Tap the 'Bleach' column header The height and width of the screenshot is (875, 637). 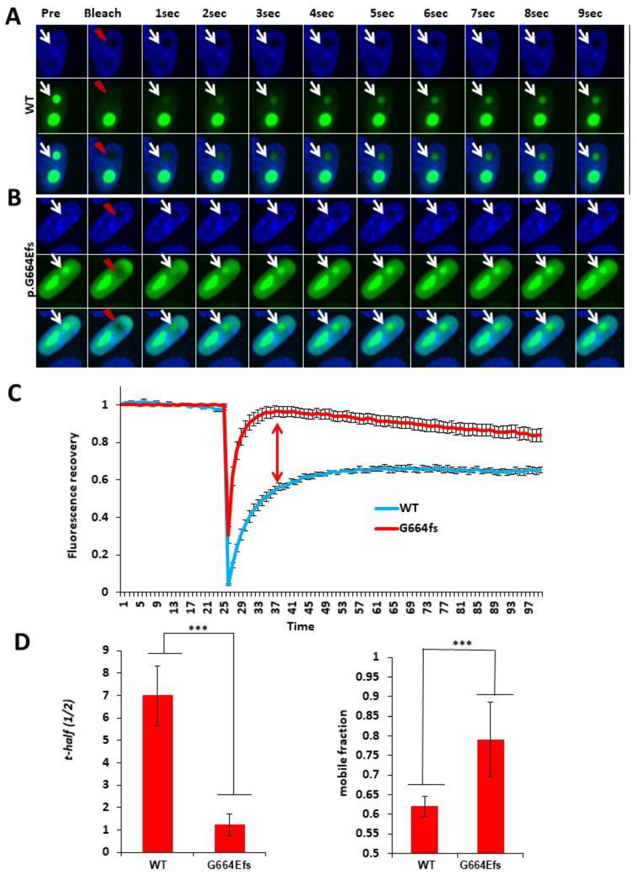point(103,13)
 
